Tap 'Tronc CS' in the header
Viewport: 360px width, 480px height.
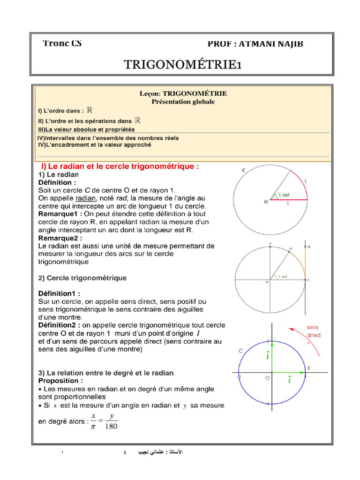coord(62,43)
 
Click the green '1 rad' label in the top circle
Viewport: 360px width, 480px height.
coord(284,195)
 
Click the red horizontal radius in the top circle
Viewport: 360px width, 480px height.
coord(289,200)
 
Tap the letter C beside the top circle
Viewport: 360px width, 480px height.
coord(244,170)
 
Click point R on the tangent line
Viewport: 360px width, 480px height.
coord(310,246)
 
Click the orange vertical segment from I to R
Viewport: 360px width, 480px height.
coord(306,262)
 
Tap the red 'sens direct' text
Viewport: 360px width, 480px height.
coord(314,331)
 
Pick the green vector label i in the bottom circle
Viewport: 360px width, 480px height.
coord(289,381)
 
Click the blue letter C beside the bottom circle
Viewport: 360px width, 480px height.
coord(240,351)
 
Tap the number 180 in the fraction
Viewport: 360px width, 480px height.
coord(112,426)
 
